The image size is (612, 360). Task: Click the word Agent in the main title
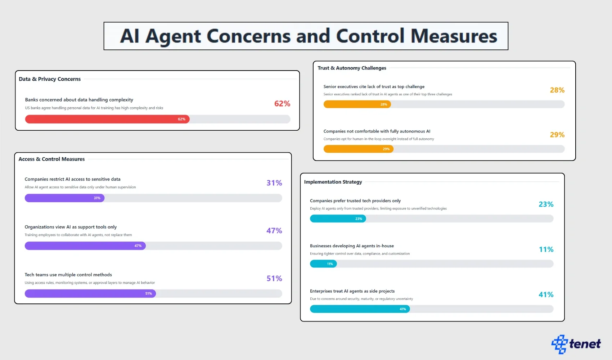[x=173, y=36]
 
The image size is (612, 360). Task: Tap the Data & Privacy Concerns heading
[x=50, y=79]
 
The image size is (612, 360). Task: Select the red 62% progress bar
[x=107, y=119]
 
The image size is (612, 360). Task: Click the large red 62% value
[x=282, y=104]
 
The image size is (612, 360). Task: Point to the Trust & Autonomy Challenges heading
[x=352, y=68]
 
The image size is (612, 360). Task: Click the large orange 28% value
[x=557, y=90]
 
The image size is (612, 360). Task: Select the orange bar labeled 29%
[x=358, y=149]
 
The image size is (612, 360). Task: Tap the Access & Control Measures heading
[x=51, y=159]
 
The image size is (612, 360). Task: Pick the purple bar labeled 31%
[x=64, y=198]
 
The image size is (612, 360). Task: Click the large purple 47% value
[x=274, y=231]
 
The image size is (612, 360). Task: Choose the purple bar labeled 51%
[x=90, y=294]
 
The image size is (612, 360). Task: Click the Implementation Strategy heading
[x=333, y=182]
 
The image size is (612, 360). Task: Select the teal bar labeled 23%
[x=338, y=219]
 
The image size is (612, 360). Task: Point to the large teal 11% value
[x=546, y=249]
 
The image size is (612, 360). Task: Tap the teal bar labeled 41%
[x=360, y=309]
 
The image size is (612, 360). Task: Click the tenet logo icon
[x=559, y=344]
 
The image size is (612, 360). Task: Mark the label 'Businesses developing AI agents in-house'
[x=352, y=246]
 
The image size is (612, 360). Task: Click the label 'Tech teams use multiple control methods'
[x=68, y=275]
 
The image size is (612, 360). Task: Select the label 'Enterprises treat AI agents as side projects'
[x=352, y=291]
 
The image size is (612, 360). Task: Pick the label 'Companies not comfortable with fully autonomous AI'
[x=377, y=131]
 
